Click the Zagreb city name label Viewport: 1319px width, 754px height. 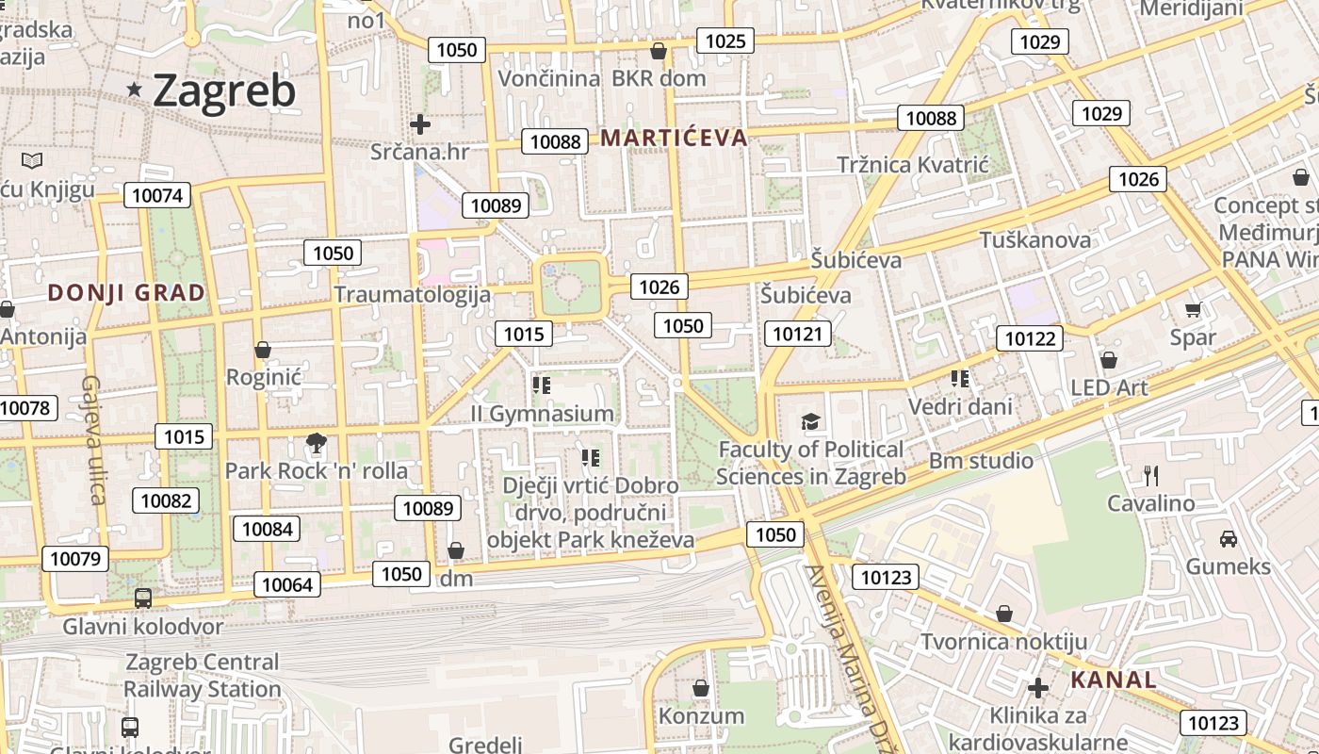(x=223, y=91)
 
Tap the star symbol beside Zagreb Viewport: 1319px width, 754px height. (x=135, y=90)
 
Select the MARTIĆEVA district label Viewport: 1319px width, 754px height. (x=674, y=139)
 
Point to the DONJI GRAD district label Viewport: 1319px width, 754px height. (x=126, y=293)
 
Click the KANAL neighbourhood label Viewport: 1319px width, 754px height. (x=1114, y=680)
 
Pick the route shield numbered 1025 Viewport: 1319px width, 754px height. (x=725, y=41)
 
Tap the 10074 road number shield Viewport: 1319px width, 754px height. (x=157, y=195)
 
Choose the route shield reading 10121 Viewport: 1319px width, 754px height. (x=798, y=333)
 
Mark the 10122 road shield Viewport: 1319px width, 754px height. (x=1031, y=338)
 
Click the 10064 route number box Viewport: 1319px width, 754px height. (x=286, y=584)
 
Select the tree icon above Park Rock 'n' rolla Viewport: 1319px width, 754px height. (x=317, y=443)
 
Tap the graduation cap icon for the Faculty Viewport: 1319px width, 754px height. (x=811, y=421)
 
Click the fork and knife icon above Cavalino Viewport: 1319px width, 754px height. (x=1149, y=475)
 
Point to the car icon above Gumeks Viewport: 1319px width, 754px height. (x=1229, y=539)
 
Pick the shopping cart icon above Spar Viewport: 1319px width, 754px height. (x=1193, y=309)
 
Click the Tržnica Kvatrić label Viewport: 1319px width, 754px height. (x=912, y=165)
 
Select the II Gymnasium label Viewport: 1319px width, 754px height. (x=542, y=414)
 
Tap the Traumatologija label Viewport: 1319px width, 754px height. (x=412, y=295)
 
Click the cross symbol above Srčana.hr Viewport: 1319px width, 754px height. (x=420, y=123)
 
